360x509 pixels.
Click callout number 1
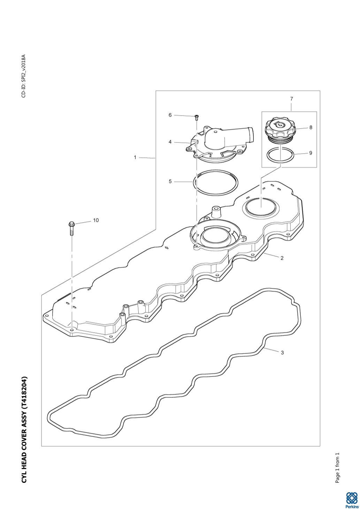click(x=135, y=157)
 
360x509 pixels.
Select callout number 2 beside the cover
click(x=282, y=258)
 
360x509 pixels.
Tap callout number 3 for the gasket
click(x=282, y=353)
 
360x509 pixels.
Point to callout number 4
click(x=170, y=142)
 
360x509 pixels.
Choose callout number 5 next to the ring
click(x=170, y=182)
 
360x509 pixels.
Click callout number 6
click(x=170, y=115)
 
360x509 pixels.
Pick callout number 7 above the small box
click(x=292, y=99)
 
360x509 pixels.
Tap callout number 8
click(x=311, y=128)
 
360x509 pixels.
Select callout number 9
click(x=311, y=153)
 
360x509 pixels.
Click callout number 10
click(x=96, y=220)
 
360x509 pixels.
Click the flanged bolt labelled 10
click(x=71, y=228)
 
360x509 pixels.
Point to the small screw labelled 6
click(x=197, y=117)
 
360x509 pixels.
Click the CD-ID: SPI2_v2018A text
click(x=24, y=76)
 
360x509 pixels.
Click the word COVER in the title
click(x=24, y=439)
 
